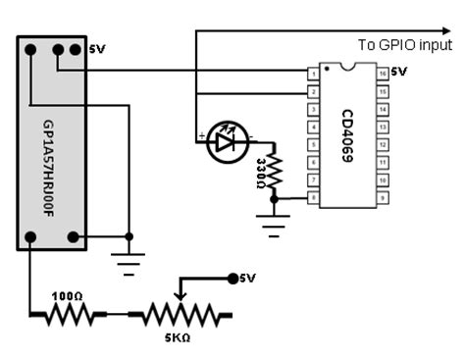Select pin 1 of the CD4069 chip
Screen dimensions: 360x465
[312, 73]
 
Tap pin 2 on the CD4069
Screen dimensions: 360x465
[312, 91]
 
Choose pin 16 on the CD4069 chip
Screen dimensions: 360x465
[382, 73]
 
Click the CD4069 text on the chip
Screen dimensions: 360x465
[346, 135]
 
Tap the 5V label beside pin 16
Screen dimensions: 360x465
[398, 72]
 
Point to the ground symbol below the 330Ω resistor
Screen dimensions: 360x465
[275, 222]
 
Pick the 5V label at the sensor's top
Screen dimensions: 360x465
[96, 48]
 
